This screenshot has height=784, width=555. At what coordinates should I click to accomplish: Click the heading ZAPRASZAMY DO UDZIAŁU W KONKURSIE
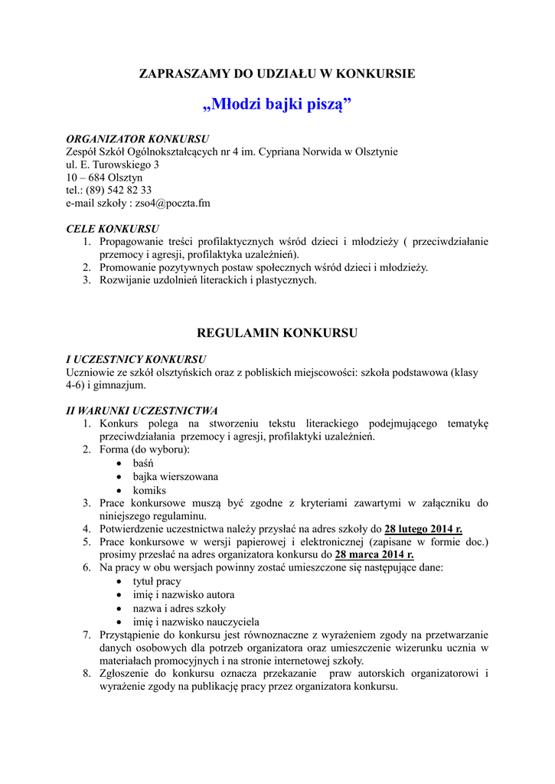pos(277,73)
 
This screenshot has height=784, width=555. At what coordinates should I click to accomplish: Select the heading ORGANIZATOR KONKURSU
pos(138,139)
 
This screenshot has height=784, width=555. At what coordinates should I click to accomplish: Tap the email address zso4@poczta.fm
pos(172,204)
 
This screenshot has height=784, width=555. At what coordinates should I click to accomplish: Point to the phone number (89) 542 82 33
pos(119,191)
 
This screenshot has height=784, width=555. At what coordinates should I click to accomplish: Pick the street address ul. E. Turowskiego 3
pos(113,165)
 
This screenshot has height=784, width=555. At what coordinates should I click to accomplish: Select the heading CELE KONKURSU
pos(113,229)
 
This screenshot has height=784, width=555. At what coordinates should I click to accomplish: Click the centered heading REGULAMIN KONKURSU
pos(277,333)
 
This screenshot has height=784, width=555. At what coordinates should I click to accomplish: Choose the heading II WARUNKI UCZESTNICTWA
pos(142,410)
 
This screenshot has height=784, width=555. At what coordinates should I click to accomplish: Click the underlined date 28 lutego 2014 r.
pos(423,529)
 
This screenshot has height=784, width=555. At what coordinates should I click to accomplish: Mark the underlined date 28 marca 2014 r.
pos(374,555)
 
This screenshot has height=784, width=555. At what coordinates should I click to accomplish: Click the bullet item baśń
pos(143,464)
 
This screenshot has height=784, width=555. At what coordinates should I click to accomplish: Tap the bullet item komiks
pos(149,490)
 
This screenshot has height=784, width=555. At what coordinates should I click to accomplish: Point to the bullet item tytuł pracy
pos(157,581)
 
